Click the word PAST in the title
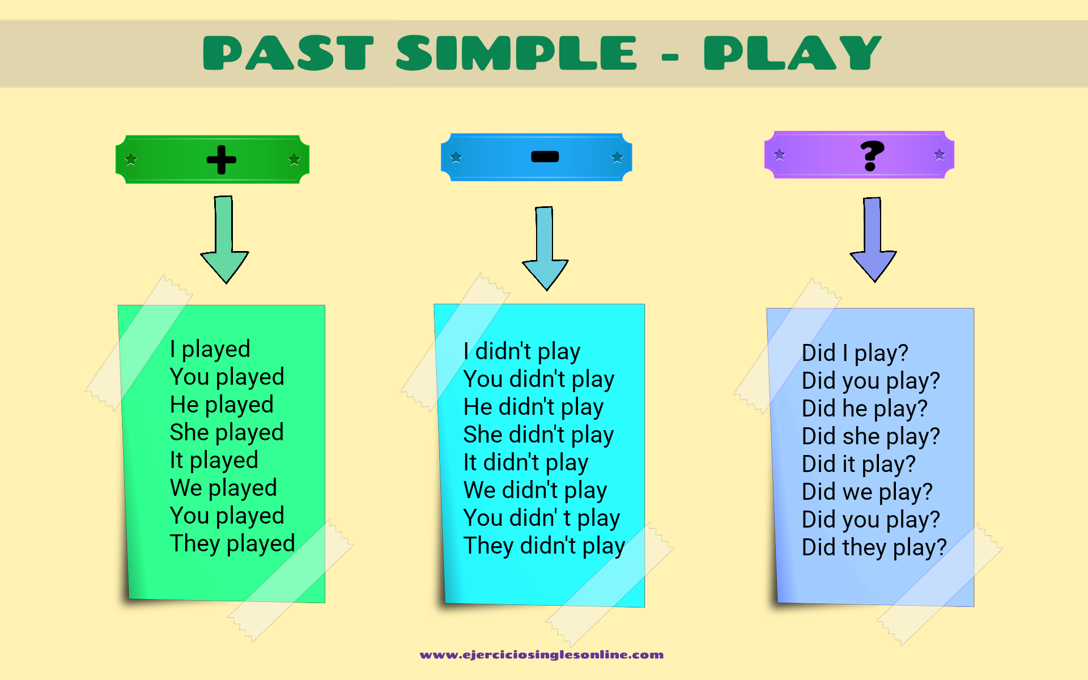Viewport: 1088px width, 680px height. [288, 53]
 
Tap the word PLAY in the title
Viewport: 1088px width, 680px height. [792, 53]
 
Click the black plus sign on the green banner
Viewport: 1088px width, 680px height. [221, 159]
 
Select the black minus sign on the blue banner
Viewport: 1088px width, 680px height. [545, 157]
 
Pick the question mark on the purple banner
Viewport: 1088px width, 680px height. [872, 155]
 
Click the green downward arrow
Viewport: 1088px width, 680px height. [224, 241]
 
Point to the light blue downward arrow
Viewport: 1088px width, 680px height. [545, 249]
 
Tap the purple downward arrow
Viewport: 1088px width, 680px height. [873, 241]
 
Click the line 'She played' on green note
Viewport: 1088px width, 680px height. [226, 433]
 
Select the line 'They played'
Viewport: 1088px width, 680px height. [232, 544]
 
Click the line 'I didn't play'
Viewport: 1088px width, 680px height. [521, 352]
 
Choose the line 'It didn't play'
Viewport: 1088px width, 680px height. [525, 463]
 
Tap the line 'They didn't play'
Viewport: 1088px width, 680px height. [544, 546]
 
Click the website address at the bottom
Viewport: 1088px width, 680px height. [541, 655]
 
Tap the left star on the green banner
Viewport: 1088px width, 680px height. [131, 159]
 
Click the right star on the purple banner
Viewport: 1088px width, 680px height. [939, 154]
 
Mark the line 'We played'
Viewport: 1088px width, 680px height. [223, 488]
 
